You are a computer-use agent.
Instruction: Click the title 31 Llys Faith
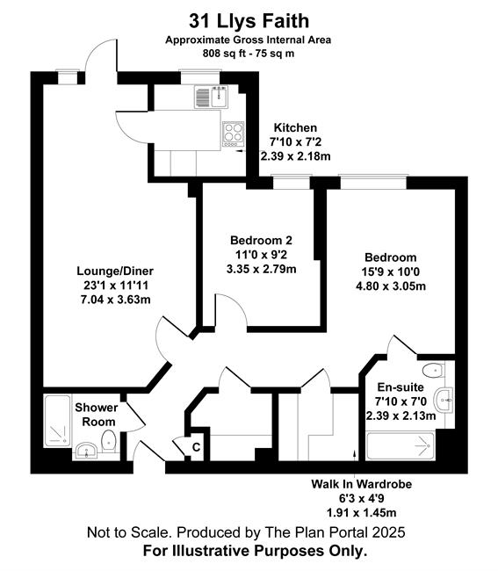249,21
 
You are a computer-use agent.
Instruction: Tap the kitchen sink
211,97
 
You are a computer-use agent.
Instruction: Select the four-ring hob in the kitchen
234,134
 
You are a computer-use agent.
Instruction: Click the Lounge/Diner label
115,271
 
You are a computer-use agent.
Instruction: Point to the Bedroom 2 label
261,241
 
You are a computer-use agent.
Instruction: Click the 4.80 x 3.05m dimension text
391,286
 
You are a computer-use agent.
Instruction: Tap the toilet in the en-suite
433,371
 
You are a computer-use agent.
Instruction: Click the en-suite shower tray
401,445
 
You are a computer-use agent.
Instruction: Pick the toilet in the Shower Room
108,441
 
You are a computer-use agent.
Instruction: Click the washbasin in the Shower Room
86,451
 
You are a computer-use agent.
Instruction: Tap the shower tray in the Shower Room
57,422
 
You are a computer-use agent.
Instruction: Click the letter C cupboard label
196,447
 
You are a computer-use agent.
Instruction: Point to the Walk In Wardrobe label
362,484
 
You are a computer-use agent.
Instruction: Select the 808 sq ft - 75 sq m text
249,54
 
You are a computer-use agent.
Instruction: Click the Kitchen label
295,128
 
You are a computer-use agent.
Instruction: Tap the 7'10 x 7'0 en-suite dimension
401,401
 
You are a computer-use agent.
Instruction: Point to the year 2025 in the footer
388,532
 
